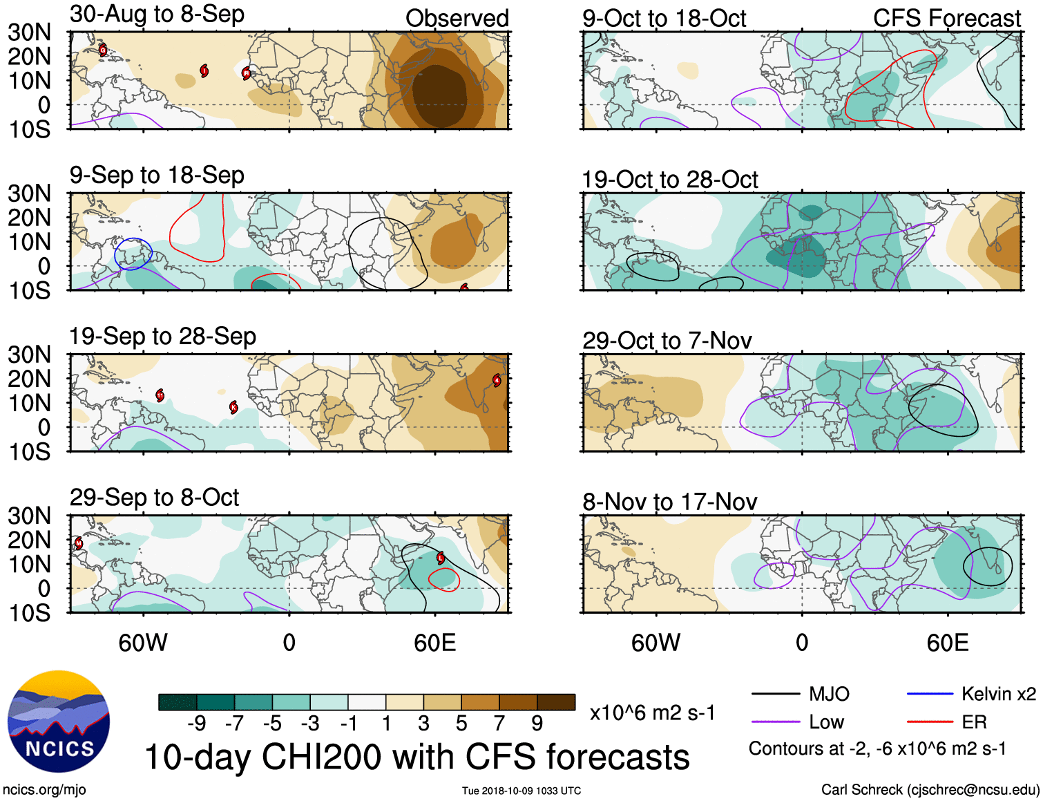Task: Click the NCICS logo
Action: point(59,722)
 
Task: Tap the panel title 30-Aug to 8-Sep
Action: point(157,14)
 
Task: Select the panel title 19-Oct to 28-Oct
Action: point(669,180)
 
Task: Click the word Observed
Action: point(457,18)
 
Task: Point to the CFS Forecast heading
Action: point(946,18)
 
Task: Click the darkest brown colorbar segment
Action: point(556,702)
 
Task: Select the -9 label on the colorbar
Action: point(197,724)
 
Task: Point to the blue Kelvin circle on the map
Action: point(133,254)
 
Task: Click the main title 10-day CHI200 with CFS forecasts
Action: point(417,757)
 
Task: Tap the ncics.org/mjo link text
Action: point(44,790)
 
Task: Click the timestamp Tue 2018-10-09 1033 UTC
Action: point(521,791)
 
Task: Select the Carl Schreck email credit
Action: point(930,790)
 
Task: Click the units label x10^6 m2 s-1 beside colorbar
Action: point(652,713)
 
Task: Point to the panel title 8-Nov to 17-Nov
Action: point(669,502)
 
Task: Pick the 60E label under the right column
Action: point(947,643)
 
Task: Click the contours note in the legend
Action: point(877,748)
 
